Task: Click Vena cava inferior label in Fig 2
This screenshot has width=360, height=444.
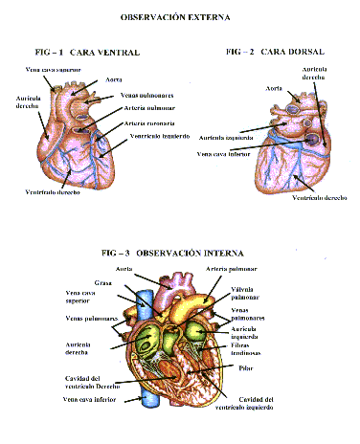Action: [x=224, y=153]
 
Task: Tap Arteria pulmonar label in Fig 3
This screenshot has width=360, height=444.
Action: [x=239, y=270]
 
